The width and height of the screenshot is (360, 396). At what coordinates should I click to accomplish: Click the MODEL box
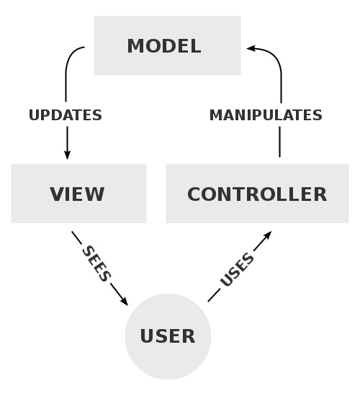pyautogui.click(x=167, y=46)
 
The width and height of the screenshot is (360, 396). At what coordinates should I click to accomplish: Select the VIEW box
pyautogui.click(x=78, y=194)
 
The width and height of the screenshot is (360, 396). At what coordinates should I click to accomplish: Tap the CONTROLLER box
pyautogui.click(x=257, y=194)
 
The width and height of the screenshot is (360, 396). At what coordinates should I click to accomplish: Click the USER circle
pyautogui.click(x=168, y=336)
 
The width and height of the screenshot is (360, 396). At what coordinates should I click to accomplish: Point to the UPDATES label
pyautogui.click(x=66, y=115)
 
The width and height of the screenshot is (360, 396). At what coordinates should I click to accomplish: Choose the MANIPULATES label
pyautogui.click(x=266, y=115)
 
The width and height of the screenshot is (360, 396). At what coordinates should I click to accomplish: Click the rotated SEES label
pyautogui.click(x=96, y=264)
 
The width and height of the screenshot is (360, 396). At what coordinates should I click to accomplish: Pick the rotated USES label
pyautogui.click(x=237, y=270)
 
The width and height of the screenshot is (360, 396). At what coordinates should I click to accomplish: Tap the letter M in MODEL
pyautogui.click(x=135, y=46)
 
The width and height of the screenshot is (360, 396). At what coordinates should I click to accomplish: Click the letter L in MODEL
pyautogui.click(x=195, y=46)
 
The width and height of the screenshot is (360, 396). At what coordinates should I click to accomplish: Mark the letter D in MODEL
pyautogui.click(x=168, y=46)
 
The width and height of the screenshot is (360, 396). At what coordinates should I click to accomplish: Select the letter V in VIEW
pyautogui.click(x=56, y=194)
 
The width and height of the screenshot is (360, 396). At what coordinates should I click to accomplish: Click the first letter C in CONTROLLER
pyautogui.click(x=194, y=194)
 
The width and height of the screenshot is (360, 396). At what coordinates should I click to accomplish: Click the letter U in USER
pyautogui.click(x=147, y=336)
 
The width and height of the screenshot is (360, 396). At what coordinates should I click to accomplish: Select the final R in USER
pyautogui.click(x=189, y=336)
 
